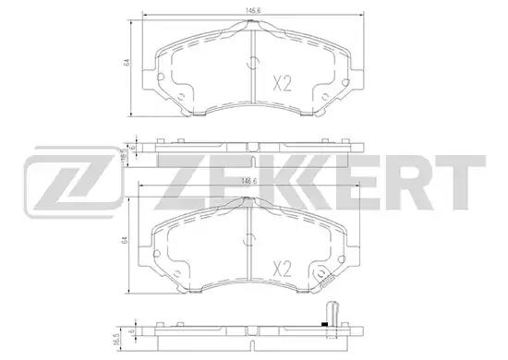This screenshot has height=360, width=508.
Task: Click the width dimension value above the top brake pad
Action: [x=253, y=11]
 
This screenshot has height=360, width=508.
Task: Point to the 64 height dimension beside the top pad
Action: [x=127, y=63]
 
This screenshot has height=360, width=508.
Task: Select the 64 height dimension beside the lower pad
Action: [x=123, y=241]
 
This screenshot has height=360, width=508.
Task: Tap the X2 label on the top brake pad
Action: [x=283, y=83]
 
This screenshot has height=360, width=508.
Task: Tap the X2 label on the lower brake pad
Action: [x=283, y=269]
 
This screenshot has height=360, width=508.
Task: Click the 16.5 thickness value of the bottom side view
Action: [x=118, y=338]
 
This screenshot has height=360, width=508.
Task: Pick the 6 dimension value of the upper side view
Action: [x=132, y=147]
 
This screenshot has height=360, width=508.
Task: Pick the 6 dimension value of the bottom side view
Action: [x=131, y=331]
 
